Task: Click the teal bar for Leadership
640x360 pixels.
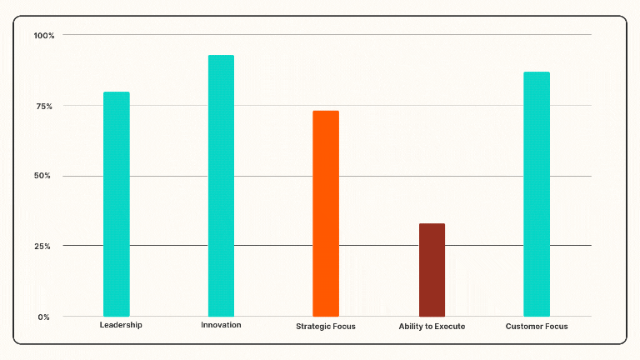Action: pyautogui.click(x=117, y=204)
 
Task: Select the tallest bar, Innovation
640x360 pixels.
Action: pyautogui.click(x=221, y=186)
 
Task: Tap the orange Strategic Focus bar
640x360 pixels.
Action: pyautogui.click(x=326, y=213)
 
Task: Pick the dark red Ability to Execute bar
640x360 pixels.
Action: pyautogui.click(x=432, y=270)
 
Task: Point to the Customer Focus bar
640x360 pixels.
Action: pyautogui.click(x=537, y=194)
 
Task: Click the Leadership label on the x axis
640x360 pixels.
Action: pyautogui.click(x=121, y=325)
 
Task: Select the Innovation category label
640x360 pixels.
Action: pyautogui.click(x=221, y=325)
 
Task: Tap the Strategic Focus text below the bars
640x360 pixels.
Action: pyautogui.click(x=326, y=327)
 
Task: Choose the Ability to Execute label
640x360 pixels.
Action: pyautogui.click(x=432, y=327)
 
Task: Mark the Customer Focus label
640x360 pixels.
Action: pyautogui.click(x=537, y=327)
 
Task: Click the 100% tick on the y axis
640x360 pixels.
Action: pyautogui.click(x=44, y=35)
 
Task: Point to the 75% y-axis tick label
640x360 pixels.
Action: pyautogui.click(x=44, y=106)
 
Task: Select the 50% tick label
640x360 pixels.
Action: pyautogui.click(x=44, y=176)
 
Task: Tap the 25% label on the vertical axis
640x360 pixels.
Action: pyautogui.click(x=44, y=247)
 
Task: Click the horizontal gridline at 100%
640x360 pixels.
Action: pyautogui.click(x=375, y=35)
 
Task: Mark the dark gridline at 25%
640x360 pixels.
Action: pyautogui.click(x=375, y=246)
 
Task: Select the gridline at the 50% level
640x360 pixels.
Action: pyautogui.click(x=375, y=176)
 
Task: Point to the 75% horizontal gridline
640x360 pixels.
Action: pyautogui.click(x=375, y=106)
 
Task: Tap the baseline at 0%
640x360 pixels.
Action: pyautogui.click(x=375, y=317)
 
